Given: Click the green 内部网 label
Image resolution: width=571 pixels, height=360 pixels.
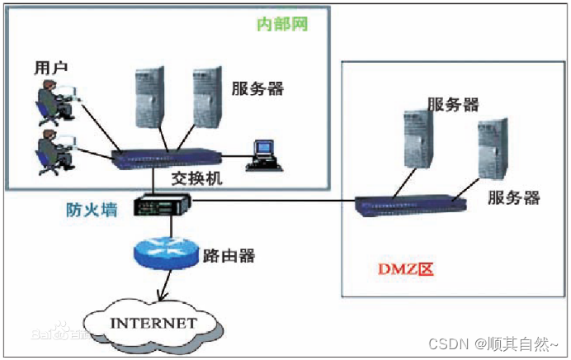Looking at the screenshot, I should click(282, 24).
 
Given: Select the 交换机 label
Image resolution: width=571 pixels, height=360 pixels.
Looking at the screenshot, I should click(196, 178).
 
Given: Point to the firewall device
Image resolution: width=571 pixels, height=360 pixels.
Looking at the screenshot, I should click(163, 204).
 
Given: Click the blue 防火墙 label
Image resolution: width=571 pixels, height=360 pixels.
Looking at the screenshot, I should click(92, 210).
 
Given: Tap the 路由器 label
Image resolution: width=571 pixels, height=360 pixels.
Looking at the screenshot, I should click(229, 256).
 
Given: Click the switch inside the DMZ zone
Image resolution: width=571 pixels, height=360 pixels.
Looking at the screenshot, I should click(407, 202).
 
